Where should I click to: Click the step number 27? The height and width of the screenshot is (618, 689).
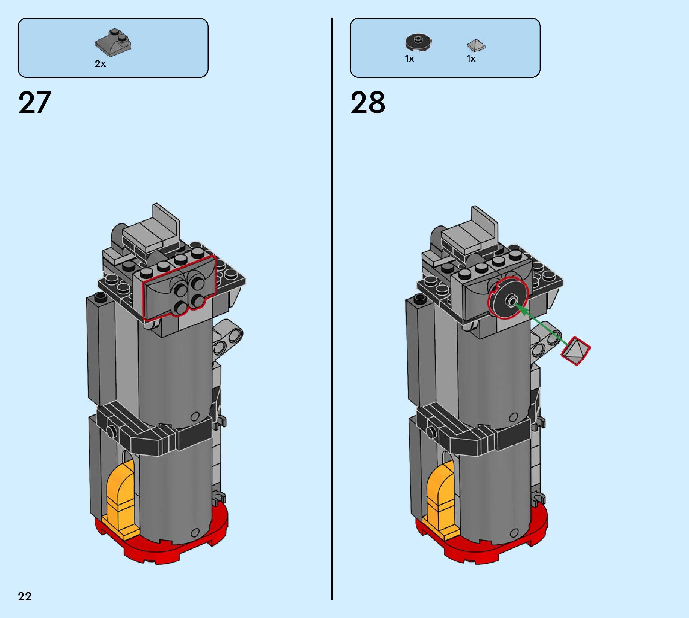(35, 102)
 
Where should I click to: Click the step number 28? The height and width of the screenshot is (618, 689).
(368, 102)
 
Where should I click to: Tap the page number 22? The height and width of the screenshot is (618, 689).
(25, 596)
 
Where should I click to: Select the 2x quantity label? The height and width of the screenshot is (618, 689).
(100, 64)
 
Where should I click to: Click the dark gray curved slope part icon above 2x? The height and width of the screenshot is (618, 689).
(113, 42)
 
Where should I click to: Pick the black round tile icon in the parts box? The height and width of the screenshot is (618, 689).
(418, 43)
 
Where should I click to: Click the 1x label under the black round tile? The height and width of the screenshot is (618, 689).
(409, 59)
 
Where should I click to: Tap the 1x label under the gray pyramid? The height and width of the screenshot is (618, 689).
(471, 59)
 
